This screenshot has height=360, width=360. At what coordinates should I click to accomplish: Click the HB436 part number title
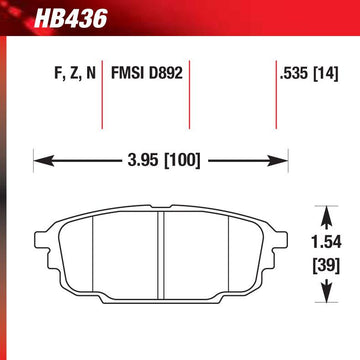click(71, 19)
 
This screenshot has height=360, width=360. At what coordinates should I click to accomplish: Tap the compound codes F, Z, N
click(75, 73)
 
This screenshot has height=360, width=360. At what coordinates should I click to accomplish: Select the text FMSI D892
click(147, 73)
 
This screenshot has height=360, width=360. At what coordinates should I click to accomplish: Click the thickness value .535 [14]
click(309, 74)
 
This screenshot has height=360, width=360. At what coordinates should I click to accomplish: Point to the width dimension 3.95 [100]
click(164, 161)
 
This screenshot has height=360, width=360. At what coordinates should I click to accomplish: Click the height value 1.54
click(327, 243)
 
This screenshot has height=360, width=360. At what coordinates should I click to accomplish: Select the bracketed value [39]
click(326, 266)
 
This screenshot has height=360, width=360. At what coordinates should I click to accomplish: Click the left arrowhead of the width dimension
click(43, 161)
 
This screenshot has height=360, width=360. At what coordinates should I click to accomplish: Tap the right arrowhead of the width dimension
click(278, 161)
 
